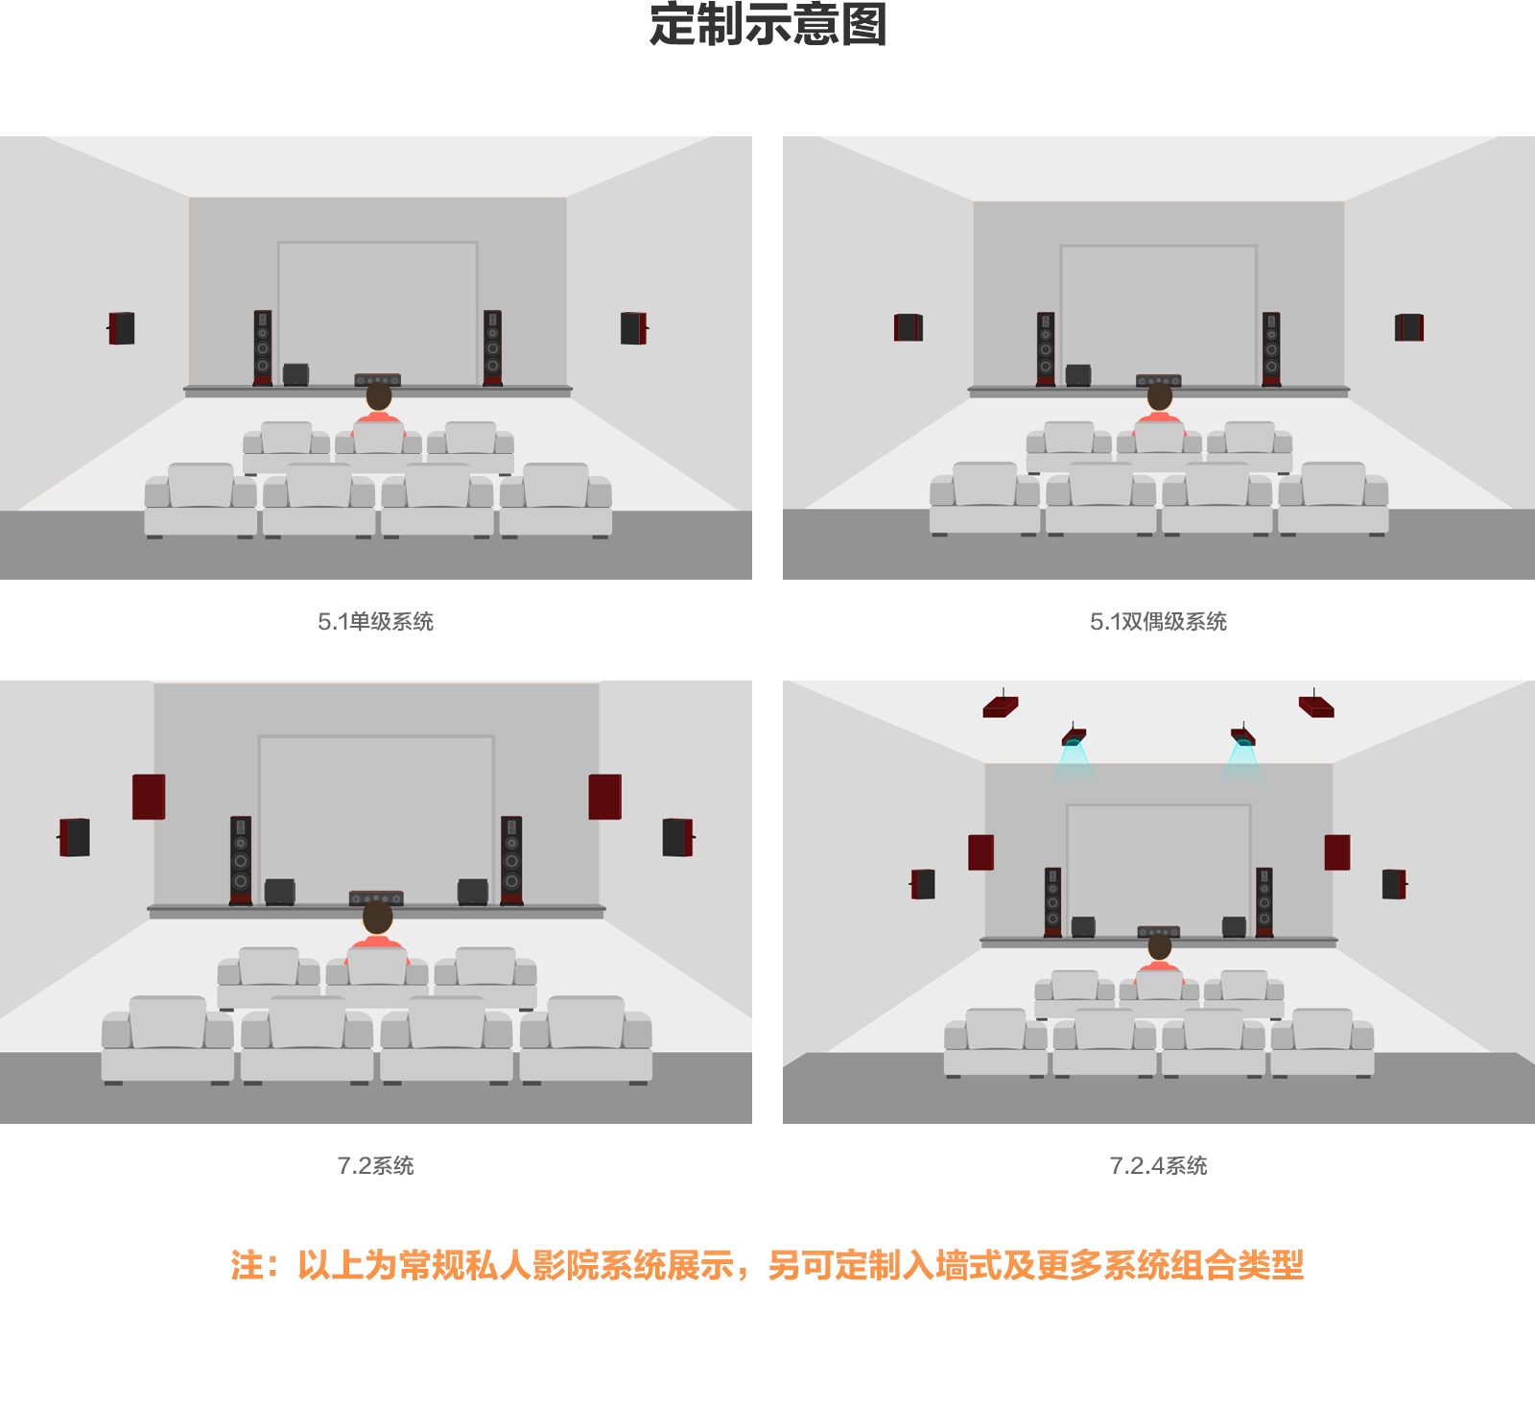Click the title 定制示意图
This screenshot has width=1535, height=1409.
coord(767,24)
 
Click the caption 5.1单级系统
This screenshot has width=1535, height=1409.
coord(376,622)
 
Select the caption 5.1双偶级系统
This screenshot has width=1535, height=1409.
coord(1158,622)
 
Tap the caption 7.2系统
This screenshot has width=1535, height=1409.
coord(376,1166)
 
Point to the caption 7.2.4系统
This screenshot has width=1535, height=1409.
coord(1158,1166)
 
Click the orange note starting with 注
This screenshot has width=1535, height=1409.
coord(767,1265)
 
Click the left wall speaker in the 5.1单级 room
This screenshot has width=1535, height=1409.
coord(121,328)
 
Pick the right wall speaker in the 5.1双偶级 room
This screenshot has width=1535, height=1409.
coord(1409,327)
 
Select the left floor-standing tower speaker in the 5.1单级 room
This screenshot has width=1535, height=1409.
coord(263,347)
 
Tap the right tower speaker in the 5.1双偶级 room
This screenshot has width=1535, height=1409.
coord(1271,349)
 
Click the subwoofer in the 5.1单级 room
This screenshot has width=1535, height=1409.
coord(295,374)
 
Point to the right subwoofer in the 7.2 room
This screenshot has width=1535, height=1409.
coord(473,892)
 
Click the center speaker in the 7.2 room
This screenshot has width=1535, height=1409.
coord(376,898)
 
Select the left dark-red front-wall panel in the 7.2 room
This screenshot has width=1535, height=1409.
coord(149,797)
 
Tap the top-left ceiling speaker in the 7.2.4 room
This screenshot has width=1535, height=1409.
coord(1001,706)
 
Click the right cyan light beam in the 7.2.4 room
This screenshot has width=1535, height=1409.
coord(1243,762)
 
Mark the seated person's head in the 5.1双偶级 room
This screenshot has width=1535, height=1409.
coord(1160,395)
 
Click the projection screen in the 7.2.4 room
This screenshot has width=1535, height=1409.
coord(1159,869)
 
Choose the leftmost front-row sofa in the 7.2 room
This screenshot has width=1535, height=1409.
coord(168,1040)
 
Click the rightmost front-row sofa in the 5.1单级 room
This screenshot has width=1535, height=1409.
coord(555,500)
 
